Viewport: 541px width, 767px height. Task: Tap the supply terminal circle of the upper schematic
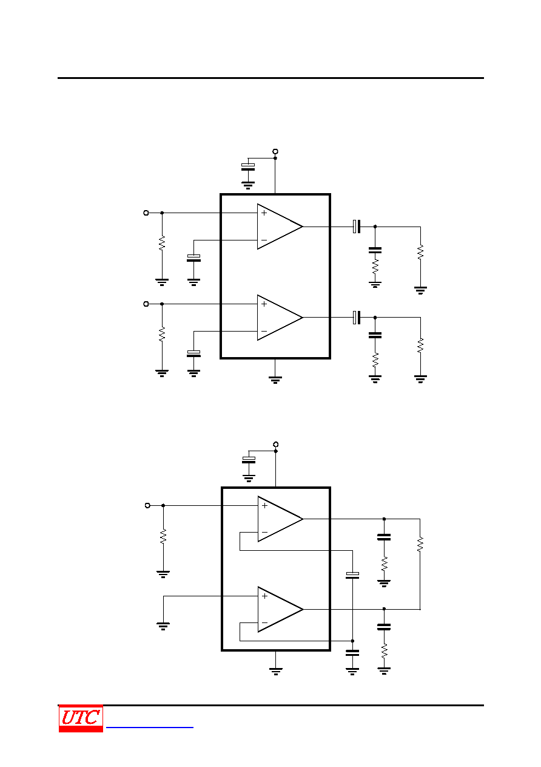click(275, 151)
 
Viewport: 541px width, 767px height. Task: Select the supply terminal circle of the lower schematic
click(276, 444)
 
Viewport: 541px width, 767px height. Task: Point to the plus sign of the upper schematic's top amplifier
click(264, 213)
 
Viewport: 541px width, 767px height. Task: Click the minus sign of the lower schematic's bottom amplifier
click(264, 622)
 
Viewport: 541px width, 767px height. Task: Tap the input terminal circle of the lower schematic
click(147, 505)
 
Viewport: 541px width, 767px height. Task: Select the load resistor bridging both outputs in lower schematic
click(420, 544)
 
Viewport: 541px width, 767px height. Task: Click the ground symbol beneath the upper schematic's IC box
click(275, 380)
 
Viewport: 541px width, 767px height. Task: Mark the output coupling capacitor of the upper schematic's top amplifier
click(357, 227)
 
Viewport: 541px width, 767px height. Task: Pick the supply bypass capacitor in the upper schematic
click(248, 167)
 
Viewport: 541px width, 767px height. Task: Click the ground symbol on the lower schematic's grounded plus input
click(163, 626)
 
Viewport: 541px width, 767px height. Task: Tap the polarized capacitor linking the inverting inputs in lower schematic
click(352, 575)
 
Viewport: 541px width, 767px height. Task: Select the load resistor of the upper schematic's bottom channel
click(421, 345)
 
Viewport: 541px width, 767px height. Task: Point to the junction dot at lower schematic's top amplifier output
click(385, 519)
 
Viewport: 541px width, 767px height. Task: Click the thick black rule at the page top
click(270, 78)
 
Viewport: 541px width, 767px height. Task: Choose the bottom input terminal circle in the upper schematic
click(146, 304)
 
